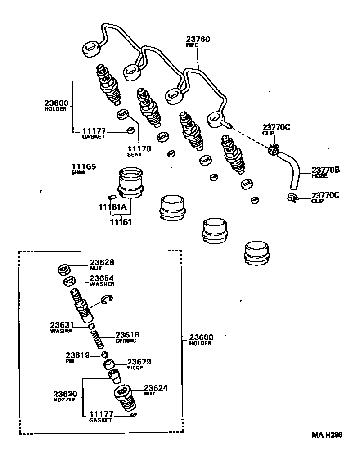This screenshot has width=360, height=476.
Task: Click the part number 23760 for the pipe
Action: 198,39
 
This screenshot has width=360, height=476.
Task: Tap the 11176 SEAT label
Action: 139,151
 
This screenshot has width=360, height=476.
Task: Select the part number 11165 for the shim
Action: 84,166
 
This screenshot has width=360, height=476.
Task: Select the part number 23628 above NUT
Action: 102,262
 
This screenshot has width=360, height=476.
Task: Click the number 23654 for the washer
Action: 102,278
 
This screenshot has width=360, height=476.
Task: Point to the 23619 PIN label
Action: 77,355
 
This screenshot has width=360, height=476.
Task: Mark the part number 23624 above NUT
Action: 156,388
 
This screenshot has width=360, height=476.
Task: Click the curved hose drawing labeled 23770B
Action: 291,170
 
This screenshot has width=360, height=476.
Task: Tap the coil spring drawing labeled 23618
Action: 99,338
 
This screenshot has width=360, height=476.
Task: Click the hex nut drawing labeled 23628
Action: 64,270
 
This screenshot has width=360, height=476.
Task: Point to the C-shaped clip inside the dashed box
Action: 107,300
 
